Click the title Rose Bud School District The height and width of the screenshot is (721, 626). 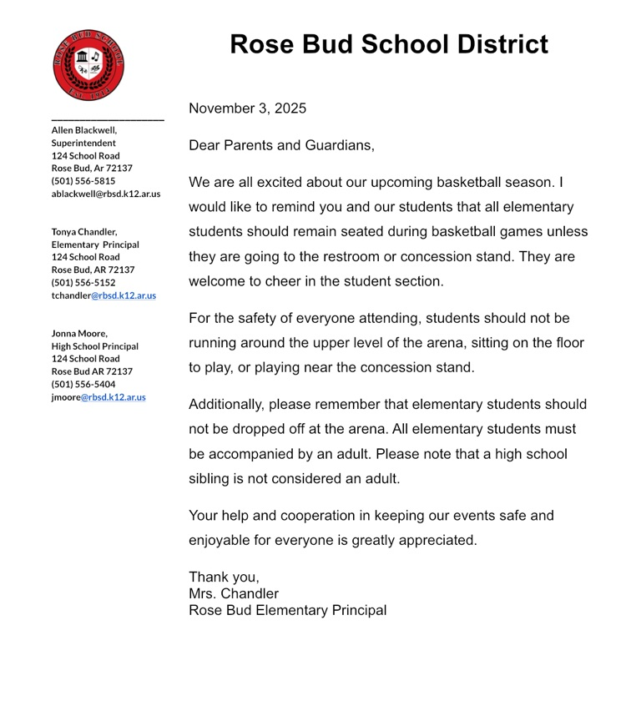click(389, 44)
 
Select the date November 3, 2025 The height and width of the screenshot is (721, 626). click(247, 108)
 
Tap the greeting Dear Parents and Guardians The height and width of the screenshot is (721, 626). click(281, 145)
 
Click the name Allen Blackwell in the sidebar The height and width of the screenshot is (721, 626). click(83, 130)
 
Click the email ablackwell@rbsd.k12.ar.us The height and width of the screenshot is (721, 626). click(106, 194)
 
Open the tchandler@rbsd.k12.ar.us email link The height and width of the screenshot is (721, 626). click(103, 295)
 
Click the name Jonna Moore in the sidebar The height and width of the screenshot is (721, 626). click(79, 334)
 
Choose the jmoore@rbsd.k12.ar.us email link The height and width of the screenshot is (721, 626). click(98, 397)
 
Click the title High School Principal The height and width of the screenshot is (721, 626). click(95, 346)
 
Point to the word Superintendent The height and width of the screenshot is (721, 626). click(83, 143)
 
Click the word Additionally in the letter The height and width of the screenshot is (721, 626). click(226, 405)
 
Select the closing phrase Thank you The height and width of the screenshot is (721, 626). click(224, 577)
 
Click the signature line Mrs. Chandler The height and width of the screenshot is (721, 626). click(234, 593)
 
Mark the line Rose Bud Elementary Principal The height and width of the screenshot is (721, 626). click(287, 610)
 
